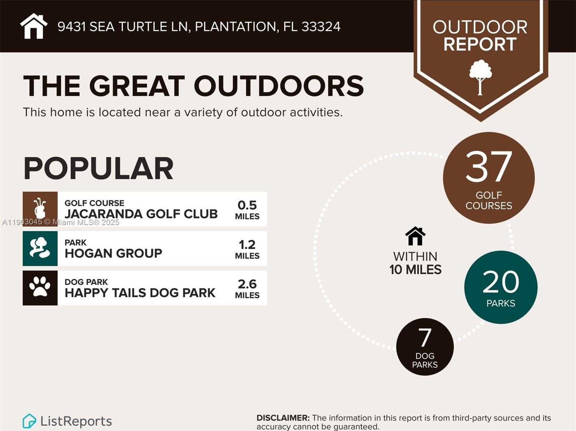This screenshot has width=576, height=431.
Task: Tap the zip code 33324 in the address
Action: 321,27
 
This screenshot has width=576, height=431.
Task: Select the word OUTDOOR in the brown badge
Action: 480,27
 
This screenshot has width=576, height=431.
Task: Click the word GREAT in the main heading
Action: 137,86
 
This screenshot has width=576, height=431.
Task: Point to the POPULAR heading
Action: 98,168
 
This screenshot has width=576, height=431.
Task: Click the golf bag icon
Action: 40,208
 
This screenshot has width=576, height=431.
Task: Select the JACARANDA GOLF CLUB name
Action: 141,214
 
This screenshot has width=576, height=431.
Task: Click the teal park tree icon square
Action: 40,249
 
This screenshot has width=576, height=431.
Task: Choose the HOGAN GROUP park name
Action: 113,253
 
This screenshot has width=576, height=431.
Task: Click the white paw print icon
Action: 40,287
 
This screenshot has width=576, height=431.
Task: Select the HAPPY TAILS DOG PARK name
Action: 140,293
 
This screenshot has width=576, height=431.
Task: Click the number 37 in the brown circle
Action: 488,167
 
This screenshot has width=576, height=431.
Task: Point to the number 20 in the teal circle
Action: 501,282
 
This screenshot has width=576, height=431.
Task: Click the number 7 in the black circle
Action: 425,337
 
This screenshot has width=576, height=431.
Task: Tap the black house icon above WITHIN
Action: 415,236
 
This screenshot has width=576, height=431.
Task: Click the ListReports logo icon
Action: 29,421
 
